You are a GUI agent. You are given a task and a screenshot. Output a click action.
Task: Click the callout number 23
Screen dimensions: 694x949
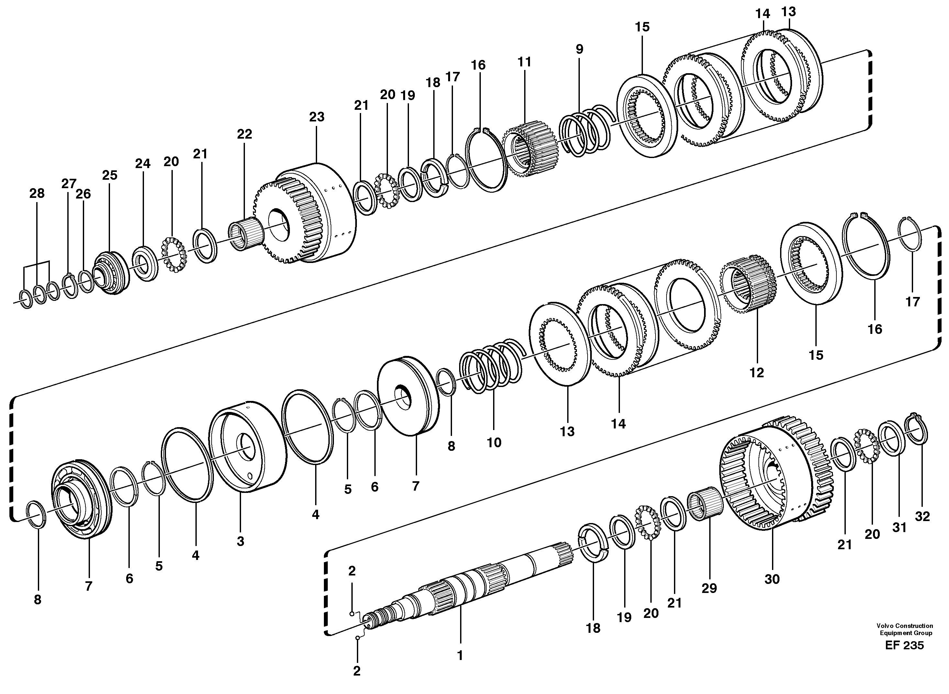(316, 117)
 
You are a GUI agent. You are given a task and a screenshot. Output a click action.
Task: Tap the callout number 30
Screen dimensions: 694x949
(772, 579)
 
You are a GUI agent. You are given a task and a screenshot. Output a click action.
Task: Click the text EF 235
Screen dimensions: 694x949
(904, 645)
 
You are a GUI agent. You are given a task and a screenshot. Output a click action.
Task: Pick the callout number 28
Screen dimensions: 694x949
(37, 193)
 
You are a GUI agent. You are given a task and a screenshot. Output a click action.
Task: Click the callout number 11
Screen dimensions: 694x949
(524, 62)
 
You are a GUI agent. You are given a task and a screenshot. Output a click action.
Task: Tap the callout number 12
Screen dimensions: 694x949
(757, 373)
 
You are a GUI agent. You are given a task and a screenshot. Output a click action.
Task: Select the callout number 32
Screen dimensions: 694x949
(922, 516)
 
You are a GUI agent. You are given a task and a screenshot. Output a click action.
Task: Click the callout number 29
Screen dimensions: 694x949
(709, 588)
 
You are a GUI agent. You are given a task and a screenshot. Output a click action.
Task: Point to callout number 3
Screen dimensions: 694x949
(240, 541)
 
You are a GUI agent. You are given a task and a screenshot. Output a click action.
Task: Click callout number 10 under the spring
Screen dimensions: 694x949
(494, 442)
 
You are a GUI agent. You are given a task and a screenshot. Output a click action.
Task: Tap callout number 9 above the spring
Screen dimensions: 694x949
(579, 49)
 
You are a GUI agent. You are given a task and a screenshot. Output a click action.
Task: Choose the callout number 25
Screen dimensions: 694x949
(110, 175)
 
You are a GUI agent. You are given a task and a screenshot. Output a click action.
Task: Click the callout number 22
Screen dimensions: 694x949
(244, 134)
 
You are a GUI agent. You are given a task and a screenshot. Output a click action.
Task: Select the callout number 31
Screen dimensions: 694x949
(899, 528)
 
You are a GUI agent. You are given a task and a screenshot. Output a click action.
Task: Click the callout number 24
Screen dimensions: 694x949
(142, 164)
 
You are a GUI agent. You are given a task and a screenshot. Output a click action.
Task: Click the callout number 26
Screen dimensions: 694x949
(83, 194)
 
